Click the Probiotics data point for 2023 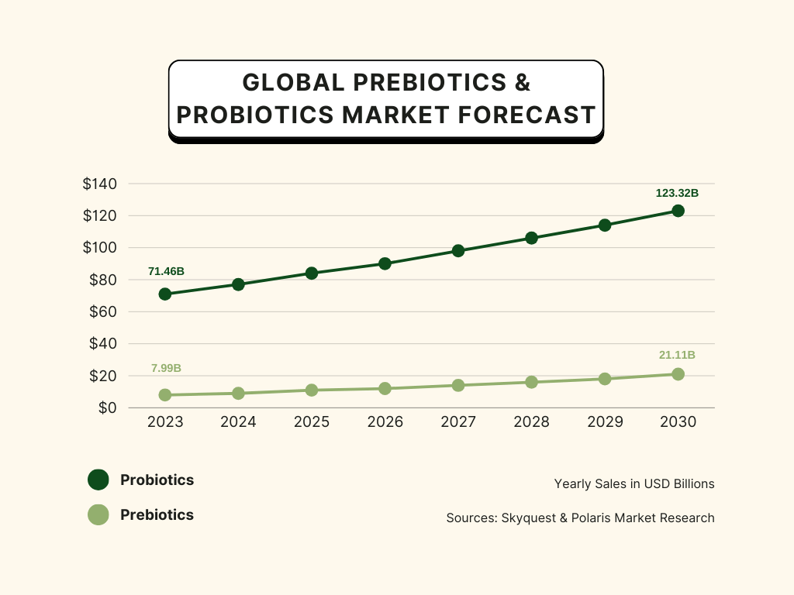[165, 294]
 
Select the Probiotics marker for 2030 [678, 211]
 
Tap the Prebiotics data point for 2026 [385, 388]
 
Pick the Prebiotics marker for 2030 [678, 374]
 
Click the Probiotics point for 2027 [458, 250]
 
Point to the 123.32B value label [678, 193]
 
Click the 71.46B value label [166, 271]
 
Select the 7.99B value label [166, 368]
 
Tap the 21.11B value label [677, 355]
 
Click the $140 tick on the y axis [99, 184]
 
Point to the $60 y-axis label [102, 311]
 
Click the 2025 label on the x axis [312, 422]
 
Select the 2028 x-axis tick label [531, 422]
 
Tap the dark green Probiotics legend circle [98, 480]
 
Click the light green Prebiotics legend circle [98, 514]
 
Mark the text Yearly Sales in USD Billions [634, 483]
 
